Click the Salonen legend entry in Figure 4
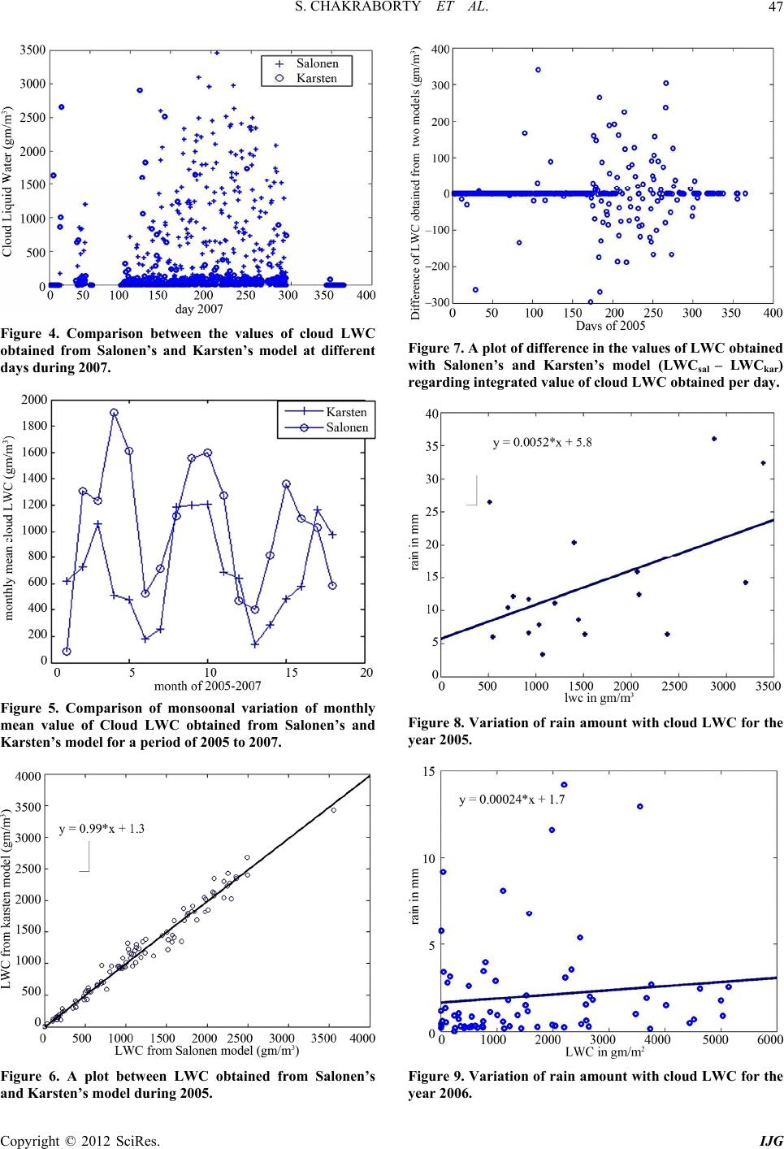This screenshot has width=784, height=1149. [318, 63]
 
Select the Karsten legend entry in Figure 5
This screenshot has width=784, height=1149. [346, 412]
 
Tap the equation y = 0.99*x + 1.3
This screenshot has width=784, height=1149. [102, 829]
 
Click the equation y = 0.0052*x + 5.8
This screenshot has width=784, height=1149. [543, 443]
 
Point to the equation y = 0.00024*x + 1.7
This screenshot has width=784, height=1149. [512, 799]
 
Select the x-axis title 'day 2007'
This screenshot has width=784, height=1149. [199, 309]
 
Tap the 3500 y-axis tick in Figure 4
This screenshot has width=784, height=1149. [32, 50]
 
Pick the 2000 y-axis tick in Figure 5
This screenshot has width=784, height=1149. [32, 400]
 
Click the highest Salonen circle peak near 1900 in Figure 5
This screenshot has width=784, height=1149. [114, 413]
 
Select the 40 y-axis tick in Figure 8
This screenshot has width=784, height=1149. [432, 414]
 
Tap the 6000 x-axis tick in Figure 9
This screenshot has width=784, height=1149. [769, 1038]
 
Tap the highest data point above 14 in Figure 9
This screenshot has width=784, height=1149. [564, 785]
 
